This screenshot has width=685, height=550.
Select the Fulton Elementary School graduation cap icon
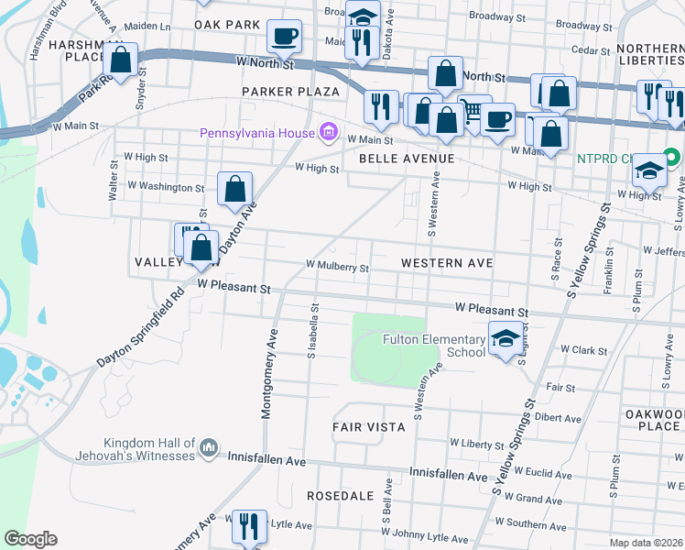506,338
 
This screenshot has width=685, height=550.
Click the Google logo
30,539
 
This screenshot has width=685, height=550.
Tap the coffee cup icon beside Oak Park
284,36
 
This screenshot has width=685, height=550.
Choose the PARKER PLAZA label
290,92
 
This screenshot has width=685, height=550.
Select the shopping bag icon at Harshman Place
121,60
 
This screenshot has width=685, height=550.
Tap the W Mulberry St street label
337,268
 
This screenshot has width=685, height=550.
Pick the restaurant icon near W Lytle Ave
248,526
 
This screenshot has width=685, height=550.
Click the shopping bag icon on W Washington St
234,189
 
